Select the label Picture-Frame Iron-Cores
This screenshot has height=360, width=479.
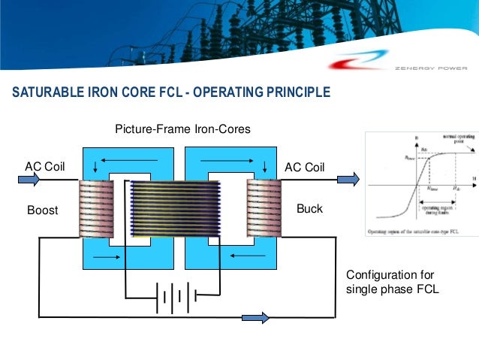pos(182,130)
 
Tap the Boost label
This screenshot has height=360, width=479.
pos(43,210)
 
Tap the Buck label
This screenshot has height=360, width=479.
pos(309,208)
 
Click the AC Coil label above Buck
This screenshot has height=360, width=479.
pos(304,166)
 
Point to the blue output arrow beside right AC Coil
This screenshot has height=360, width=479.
pos(348,180)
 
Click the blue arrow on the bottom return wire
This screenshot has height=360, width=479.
pos(254,318)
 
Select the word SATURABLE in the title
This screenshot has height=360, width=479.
pos(47,93)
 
